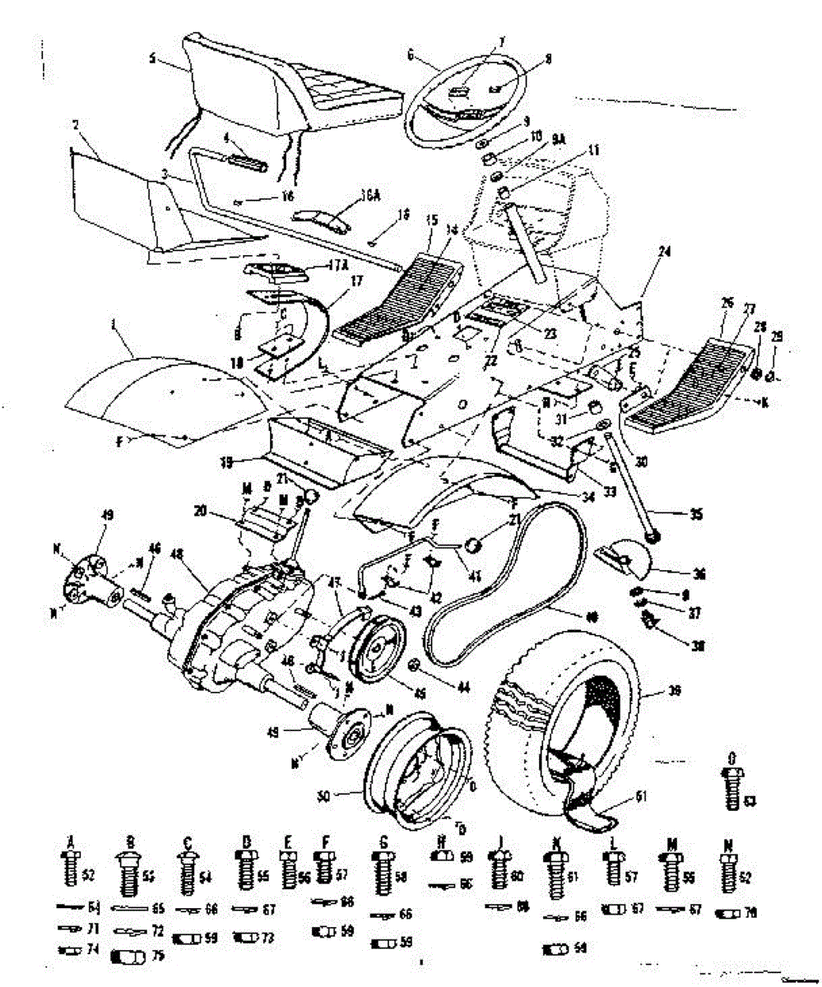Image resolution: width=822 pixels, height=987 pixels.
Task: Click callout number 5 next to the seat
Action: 153,58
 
